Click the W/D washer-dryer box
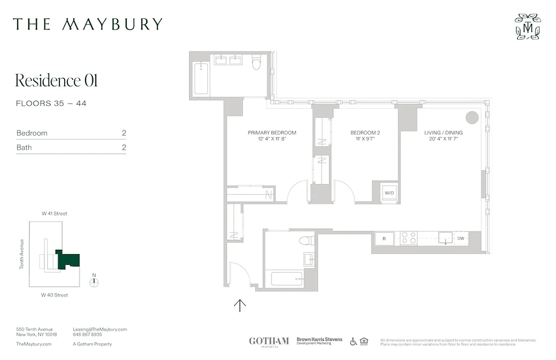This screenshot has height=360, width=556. (389, 193)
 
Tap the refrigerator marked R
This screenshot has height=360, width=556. (384, 238)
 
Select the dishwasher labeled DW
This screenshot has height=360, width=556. (461, 238)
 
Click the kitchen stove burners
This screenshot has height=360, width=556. (408, 238)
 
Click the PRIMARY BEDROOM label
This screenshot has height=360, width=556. (272, 133)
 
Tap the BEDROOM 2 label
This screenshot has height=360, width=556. (365, 133)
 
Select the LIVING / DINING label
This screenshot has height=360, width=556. (443, 133)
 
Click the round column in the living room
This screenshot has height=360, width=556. (471, 117)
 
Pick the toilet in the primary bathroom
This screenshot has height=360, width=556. (256, 63)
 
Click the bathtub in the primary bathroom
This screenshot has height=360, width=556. (201, 79)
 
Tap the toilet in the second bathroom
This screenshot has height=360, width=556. (307, 240)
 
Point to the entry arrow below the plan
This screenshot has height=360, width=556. (240, 306)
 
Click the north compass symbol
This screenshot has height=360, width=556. (94, 283)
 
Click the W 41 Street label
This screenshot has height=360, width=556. (54, 214)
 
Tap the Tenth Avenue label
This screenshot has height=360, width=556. (21, 254)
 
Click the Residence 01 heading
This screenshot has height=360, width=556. (56, 81)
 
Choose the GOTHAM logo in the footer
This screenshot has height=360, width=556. (269, 342)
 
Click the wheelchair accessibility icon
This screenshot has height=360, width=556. (354, 342)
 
